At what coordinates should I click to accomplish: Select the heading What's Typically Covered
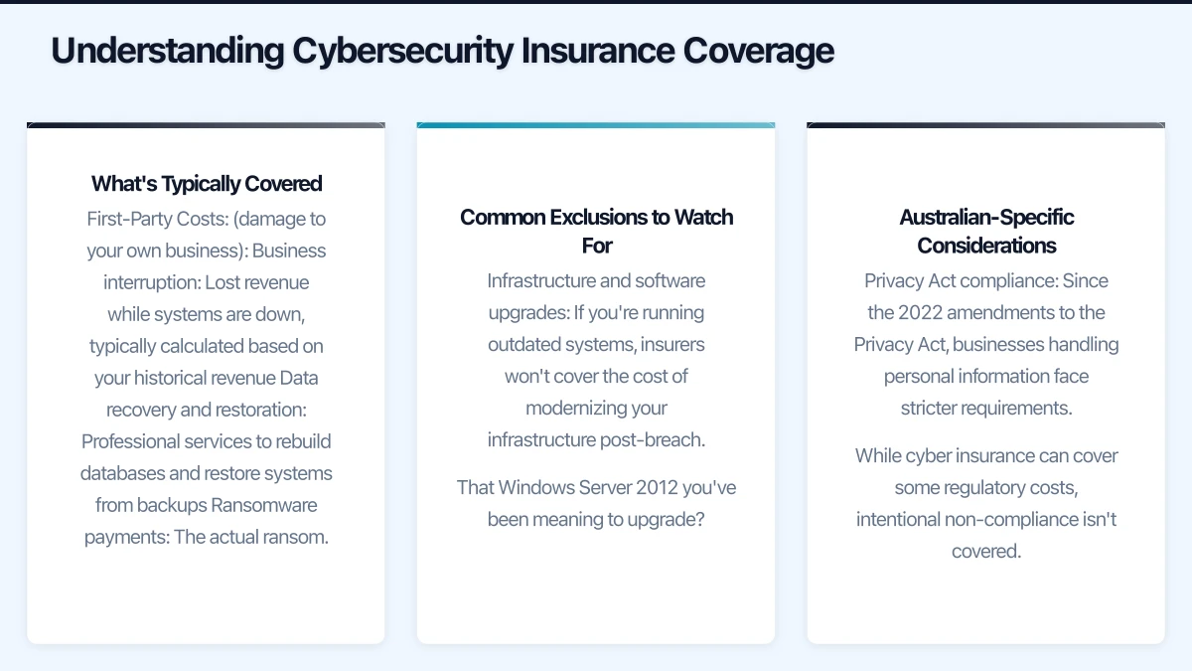pos(207,184)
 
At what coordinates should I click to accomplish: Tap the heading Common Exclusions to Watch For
pos(596,230)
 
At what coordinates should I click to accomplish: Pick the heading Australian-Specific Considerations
pos(986,230)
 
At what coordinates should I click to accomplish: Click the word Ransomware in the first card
pos(264,505)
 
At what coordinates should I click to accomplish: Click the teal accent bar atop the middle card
pos(596,125)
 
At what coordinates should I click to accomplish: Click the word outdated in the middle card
pos(523,344)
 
